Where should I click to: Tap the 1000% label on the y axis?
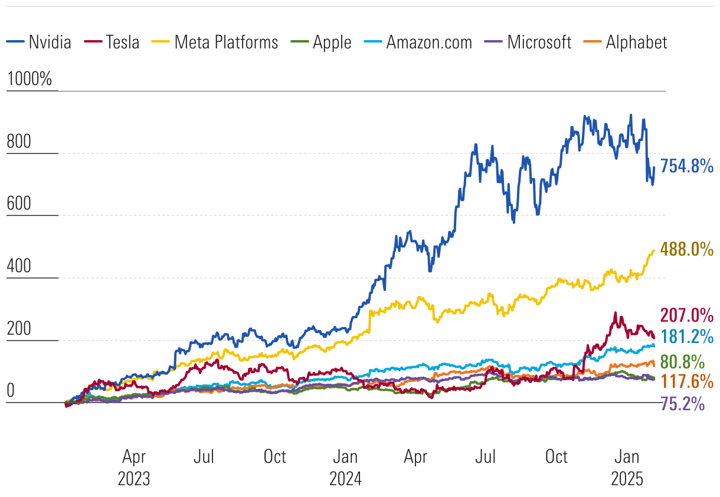coord(30,80)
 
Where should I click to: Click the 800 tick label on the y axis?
coord(18,142)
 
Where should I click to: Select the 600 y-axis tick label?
coord(18,205)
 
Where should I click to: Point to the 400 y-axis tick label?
coord(18,267)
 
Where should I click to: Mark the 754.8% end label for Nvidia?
coord(687,166)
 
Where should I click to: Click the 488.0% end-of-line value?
coord(687,249)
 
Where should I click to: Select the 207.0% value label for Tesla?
coord(687,314)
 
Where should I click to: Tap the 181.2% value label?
coord(687,336)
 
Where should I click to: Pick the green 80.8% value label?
coord(682,361)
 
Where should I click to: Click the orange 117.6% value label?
coord(687,381)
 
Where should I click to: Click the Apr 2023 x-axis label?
coord(134,467)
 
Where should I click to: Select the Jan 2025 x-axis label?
coord(626,467)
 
